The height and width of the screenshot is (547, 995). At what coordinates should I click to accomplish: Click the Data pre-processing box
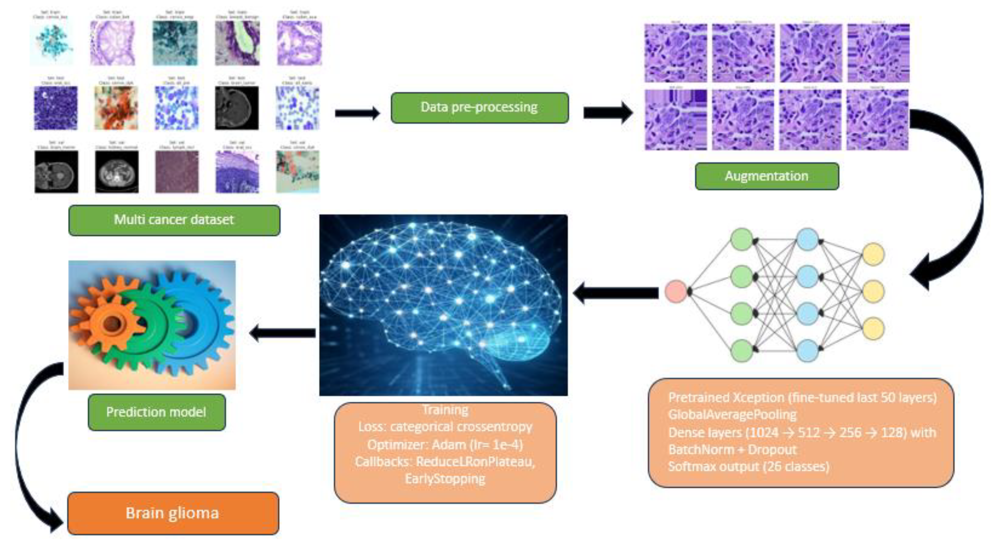[479, 108]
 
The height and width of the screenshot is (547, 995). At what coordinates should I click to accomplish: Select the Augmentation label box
[767, 176]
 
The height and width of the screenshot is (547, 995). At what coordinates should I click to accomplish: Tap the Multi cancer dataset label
[174, 220]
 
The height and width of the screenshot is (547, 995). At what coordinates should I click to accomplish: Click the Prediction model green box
[156, 412]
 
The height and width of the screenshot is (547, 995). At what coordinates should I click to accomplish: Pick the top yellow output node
[873, 254]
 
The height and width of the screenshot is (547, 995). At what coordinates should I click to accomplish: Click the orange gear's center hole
[112, 324]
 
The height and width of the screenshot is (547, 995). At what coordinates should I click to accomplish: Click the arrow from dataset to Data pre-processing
[357, 113]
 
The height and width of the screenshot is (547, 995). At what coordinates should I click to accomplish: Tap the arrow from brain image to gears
[283, 333]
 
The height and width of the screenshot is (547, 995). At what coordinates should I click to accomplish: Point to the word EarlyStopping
[445, 479]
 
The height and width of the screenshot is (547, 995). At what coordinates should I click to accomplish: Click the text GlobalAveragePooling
[732, 415]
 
